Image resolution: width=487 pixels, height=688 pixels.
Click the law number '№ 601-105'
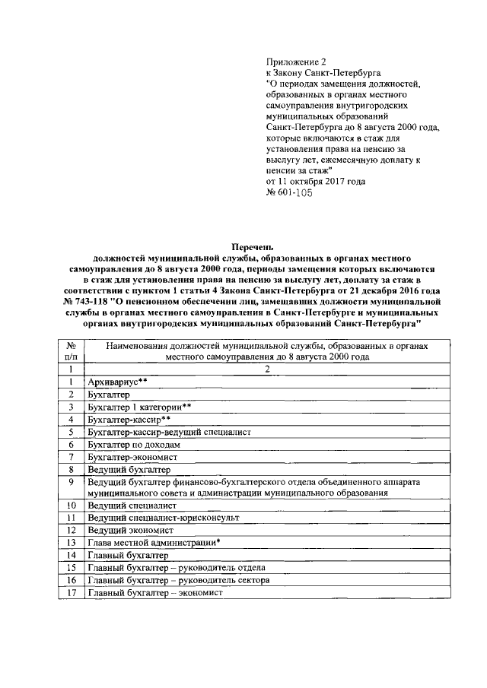click(289, 193)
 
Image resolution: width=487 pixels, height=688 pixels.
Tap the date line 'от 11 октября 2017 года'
click(315, 182)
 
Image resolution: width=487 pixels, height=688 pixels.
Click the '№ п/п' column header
click(71, 350)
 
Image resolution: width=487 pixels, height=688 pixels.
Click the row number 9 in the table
click(71, 482)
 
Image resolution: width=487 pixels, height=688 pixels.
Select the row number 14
click(71, 555)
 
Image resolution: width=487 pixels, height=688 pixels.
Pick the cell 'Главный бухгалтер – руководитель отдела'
click(177, 567)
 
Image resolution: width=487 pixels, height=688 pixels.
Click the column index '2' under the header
click(266, 369)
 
